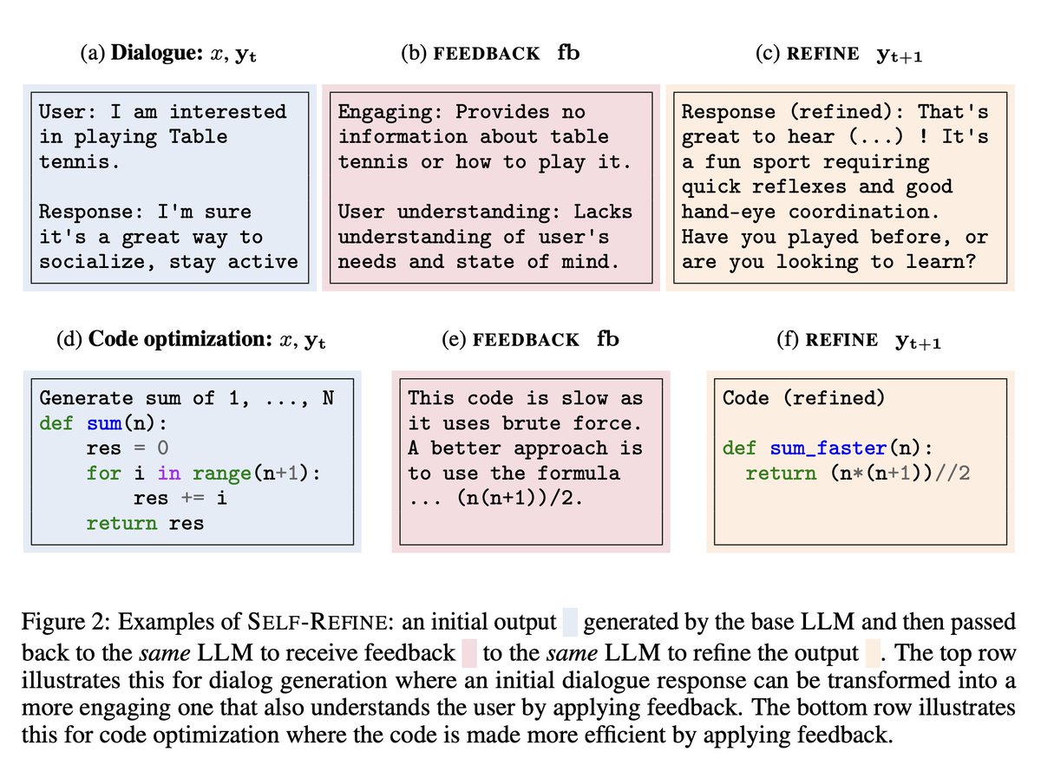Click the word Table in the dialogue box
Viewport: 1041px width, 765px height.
coord(198,136)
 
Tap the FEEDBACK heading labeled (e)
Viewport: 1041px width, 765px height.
coord(530,339)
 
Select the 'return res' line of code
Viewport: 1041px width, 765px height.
coord(146,523)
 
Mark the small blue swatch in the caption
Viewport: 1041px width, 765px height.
coord(570,623)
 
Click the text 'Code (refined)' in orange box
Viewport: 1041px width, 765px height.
coord(803,398)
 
